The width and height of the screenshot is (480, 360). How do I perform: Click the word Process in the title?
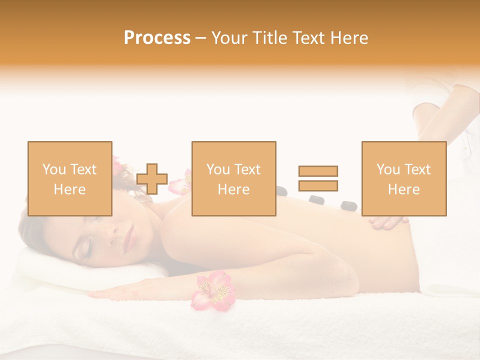pyautogui.click(x=157, y=38)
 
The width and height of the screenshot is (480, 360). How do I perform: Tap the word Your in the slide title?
pyautogui.click(x=230, y=38)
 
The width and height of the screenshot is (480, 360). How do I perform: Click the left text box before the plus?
pyautogui.click(x=70, y=178)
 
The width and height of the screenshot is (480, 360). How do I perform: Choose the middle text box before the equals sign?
pyautogui.click(x=233, y=178)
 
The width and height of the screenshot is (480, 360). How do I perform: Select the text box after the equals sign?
pyautogui.click(x=403, y=178)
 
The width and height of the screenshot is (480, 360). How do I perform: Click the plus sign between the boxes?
pyautogui.click(x=152, y=179)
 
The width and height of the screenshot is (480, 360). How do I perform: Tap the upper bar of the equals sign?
pyautogui.click(x=318, y=171)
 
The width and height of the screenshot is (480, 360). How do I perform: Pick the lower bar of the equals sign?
pyautogui.click(x=318, y=185)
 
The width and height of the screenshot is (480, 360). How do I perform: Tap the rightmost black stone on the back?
pyautogui.click(x=348, y=204)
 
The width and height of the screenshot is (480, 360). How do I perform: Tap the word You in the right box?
pyautogui.click(x=388, y=169)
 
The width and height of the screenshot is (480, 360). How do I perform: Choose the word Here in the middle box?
pyautogui.click(x=233, y=189)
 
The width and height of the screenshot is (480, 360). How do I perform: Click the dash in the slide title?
pyautogui.click(x=201, y=38)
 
